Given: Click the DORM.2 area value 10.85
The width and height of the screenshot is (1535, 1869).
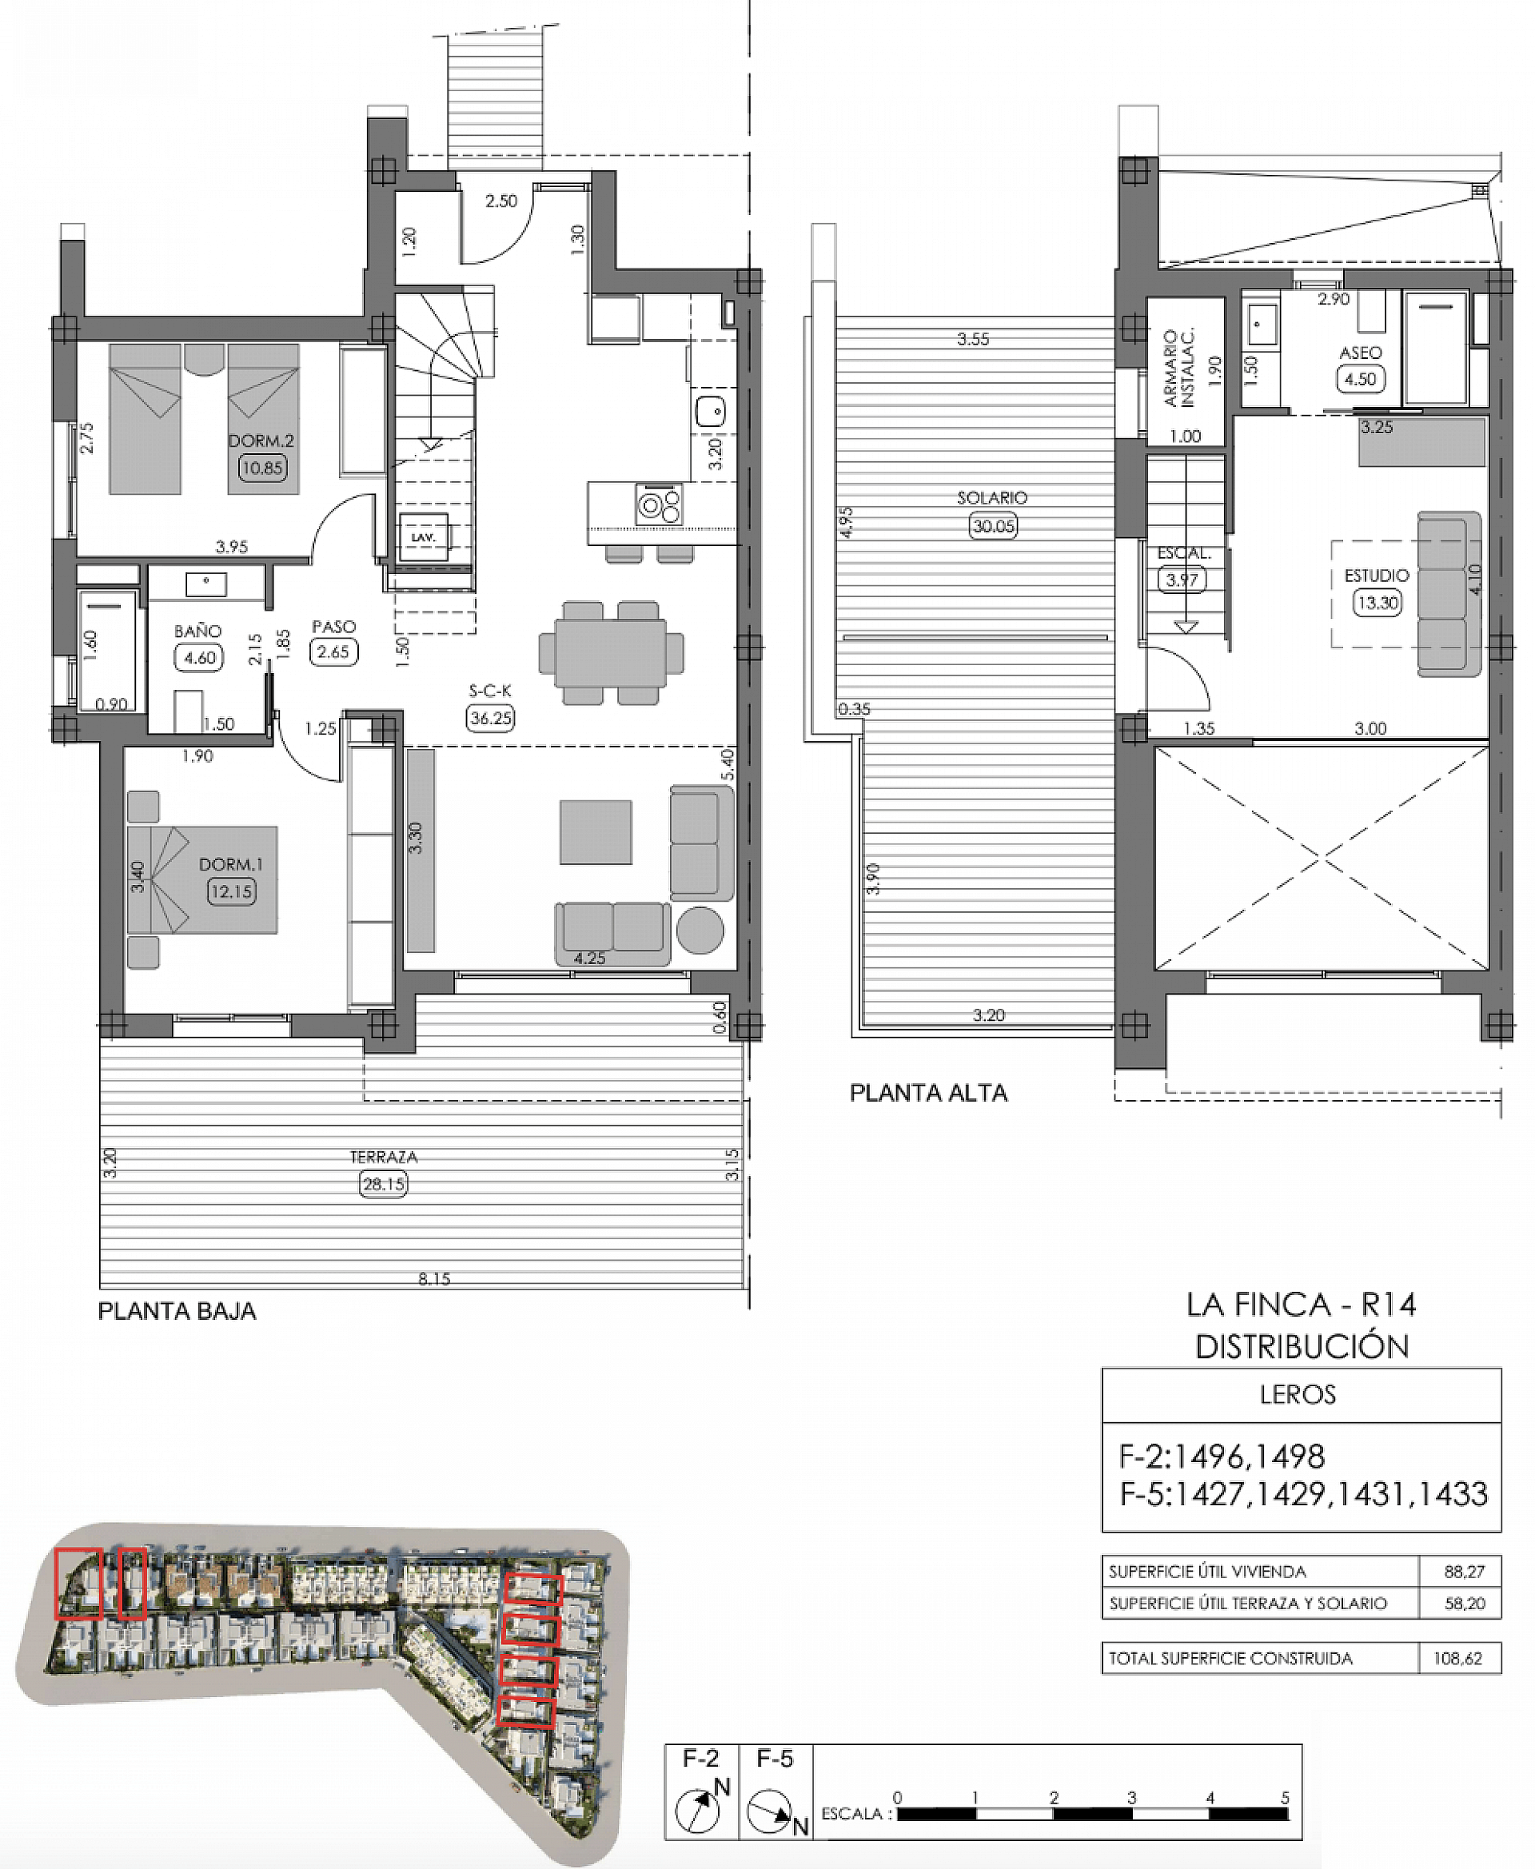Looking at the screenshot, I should (261, 468).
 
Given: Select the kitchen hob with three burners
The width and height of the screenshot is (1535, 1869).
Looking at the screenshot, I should (659, 506).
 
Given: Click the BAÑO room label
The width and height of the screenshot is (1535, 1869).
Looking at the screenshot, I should (197, 632).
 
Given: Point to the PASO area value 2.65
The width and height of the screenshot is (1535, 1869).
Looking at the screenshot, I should (333, 652).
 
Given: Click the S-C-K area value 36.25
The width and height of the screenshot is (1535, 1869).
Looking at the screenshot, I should (491, 718).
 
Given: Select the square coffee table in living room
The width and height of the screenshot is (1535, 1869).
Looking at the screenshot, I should (595, 832).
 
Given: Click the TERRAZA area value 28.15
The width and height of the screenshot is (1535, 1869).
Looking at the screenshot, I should (384, 1184).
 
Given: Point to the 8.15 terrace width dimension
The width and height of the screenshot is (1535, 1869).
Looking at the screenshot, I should (434, 1278).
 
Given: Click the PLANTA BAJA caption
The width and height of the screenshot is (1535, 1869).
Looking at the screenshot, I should (177, 1311).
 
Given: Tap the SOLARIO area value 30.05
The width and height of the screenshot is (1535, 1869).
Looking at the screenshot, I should (993, 526).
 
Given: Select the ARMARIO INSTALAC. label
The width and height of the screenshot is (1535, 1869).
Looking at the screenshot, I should (1178, 368).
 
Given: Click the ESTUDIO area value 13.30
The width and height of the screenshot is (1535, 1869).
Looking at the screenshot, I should (1377, 603).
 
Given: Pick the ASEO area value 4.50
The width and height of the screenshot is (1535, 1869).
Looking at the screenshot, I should (1360, 379).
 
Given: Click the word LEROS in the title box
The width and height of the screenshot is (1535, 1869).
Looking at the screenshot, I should (1297, 1394).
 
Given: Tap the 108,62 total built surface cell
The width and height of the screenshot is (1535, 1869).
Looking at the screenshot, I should (1457, 1659).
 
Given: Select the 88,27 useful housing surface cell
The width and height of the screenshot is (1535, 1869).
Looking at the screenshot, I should (1463, 1572).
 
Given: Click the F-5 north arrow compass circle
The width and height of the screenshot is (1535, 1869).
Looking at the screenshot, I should (768, 1811).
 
